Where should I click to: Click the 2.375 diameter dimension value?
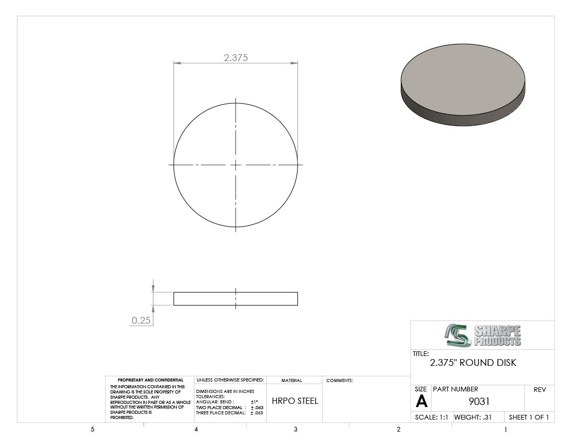236,57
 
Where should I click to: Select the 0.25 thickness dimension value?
141,320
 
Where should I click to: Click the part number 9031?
479,401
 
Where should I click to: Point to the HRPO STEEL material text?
295,401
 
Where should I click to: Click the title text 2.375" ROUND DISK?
473,363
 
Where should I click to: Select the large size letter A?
422,401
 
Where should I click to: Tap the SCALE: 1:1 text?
431,417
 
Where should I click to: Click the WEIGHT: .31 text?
473,417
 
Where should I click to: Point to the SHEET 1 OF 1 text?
529,417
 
